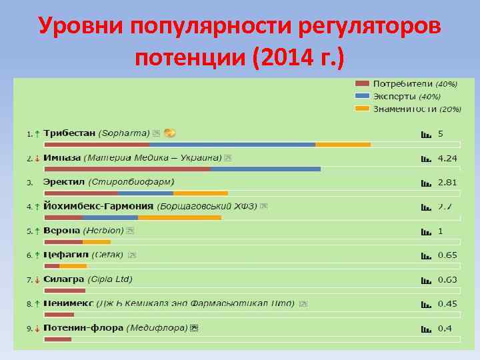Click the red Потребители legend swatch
362,84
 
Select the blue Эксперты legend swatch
362,96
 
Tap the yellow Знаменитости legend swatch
362,108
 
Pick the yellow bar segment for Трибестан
343,144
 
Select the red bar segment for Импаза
127,169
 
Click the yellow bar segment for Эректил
200,193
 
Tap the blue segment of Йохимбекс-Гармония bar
110,217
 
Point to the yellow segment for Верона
97,241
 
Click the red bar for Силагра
65,290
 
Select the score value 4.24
447,158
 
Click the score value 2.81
447,182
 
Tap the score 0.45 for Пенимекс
447,303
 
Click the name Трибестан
69,133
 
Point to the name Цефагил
64,255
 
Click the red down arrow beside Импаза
37,158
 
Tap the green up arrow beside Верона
37,231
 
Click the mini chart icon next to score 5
425,134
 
